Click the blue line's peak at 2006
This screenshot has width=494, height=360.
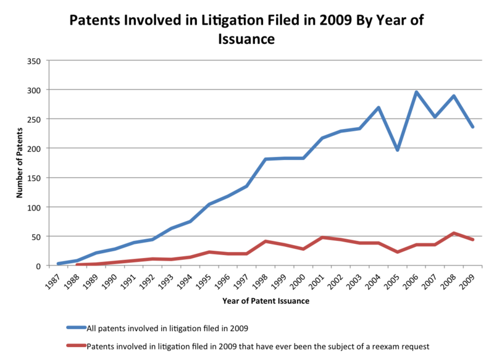pos(417,93)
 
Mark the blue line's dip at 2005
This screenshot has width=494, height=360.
pos(398,150)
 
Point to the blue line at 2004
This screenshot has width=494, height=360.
pos(379,108)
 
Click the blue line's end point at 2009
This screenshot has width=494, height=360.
pos(473,127)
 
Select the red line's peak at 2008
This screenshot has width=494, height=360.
pos(454,233)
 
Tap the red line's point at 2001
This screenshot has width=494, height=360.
pos(322,238)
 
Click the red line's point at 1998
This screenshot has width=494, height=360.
pos(266,241)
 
